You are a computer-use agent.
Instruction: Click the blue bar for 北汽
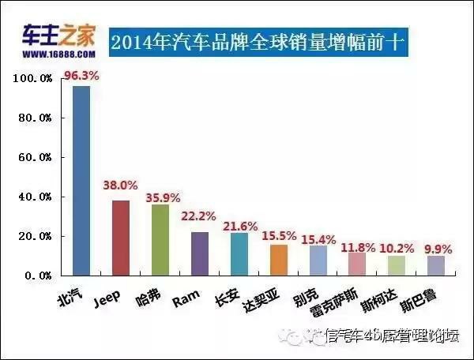point(81,181)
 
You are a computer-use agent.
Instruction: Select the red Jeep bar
point(121,238)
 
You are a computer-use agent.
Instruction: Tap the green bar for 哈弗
point(160,240)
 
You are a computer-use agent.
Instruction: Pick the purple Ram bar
point(200,253)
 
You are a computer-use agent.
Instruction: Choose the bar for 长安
point(239,254)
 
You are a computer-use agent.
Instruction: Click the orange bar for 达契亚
point(279,260)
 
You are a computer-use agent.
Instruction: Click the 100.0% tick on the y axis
point(33,79)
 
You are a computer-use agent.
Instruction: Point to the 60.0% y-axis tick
point(35,158)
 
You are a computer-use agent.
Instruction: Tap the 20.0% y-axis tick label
point(35,237)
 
